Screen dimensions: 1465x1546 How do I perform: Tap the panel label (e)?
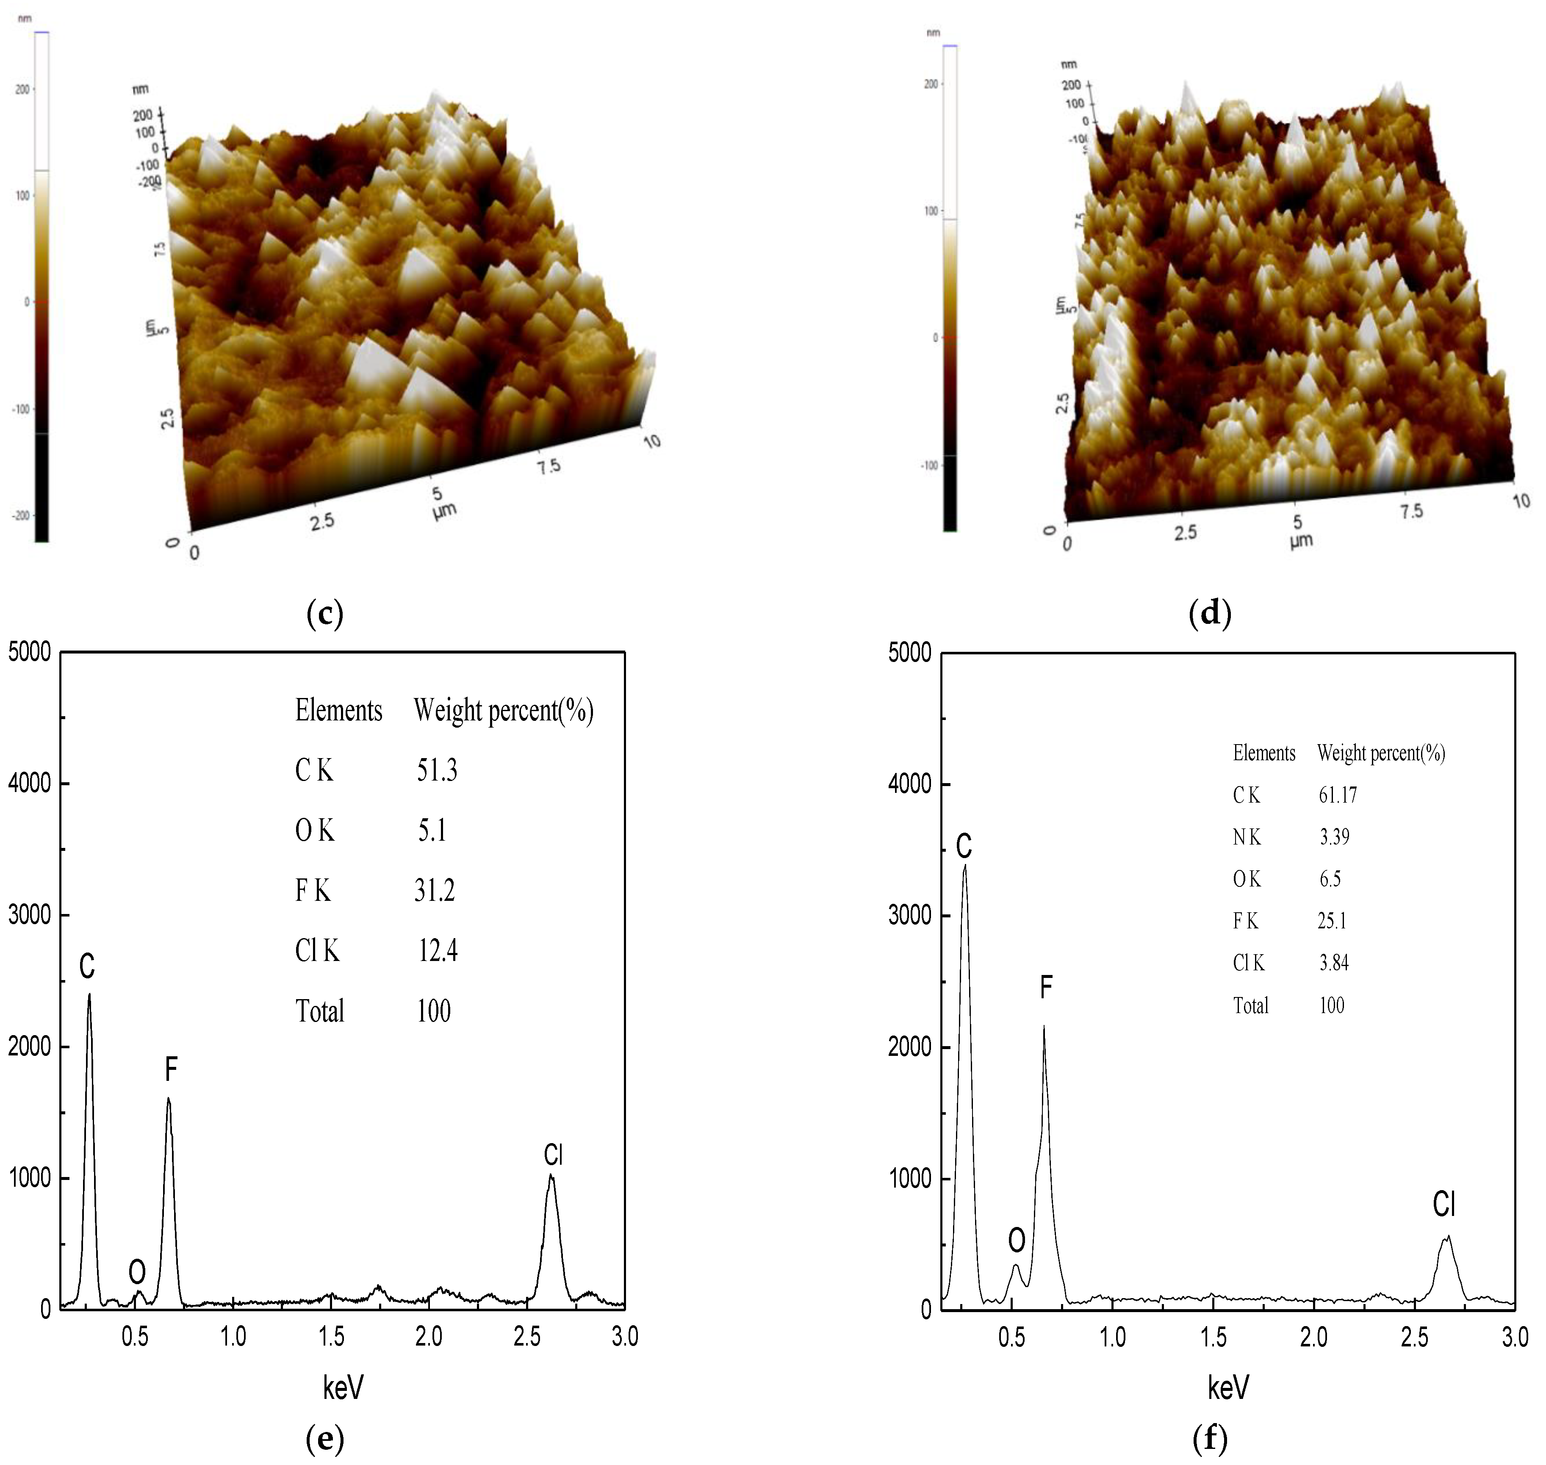click(325, 1437)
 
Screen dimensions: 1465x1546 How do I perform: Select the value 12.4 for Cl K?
click(437, 950)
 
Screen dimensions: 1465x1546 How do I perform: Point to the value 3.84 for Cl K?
click(1334, 963)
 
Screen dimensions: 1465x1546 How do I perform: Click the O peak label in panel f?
click(1016, 1239)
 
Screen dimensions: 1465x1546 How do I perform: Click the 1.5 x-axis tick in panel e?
click(331, 1337)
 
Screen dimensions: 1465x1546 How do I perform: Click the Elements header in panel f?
click(1263, 753)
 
